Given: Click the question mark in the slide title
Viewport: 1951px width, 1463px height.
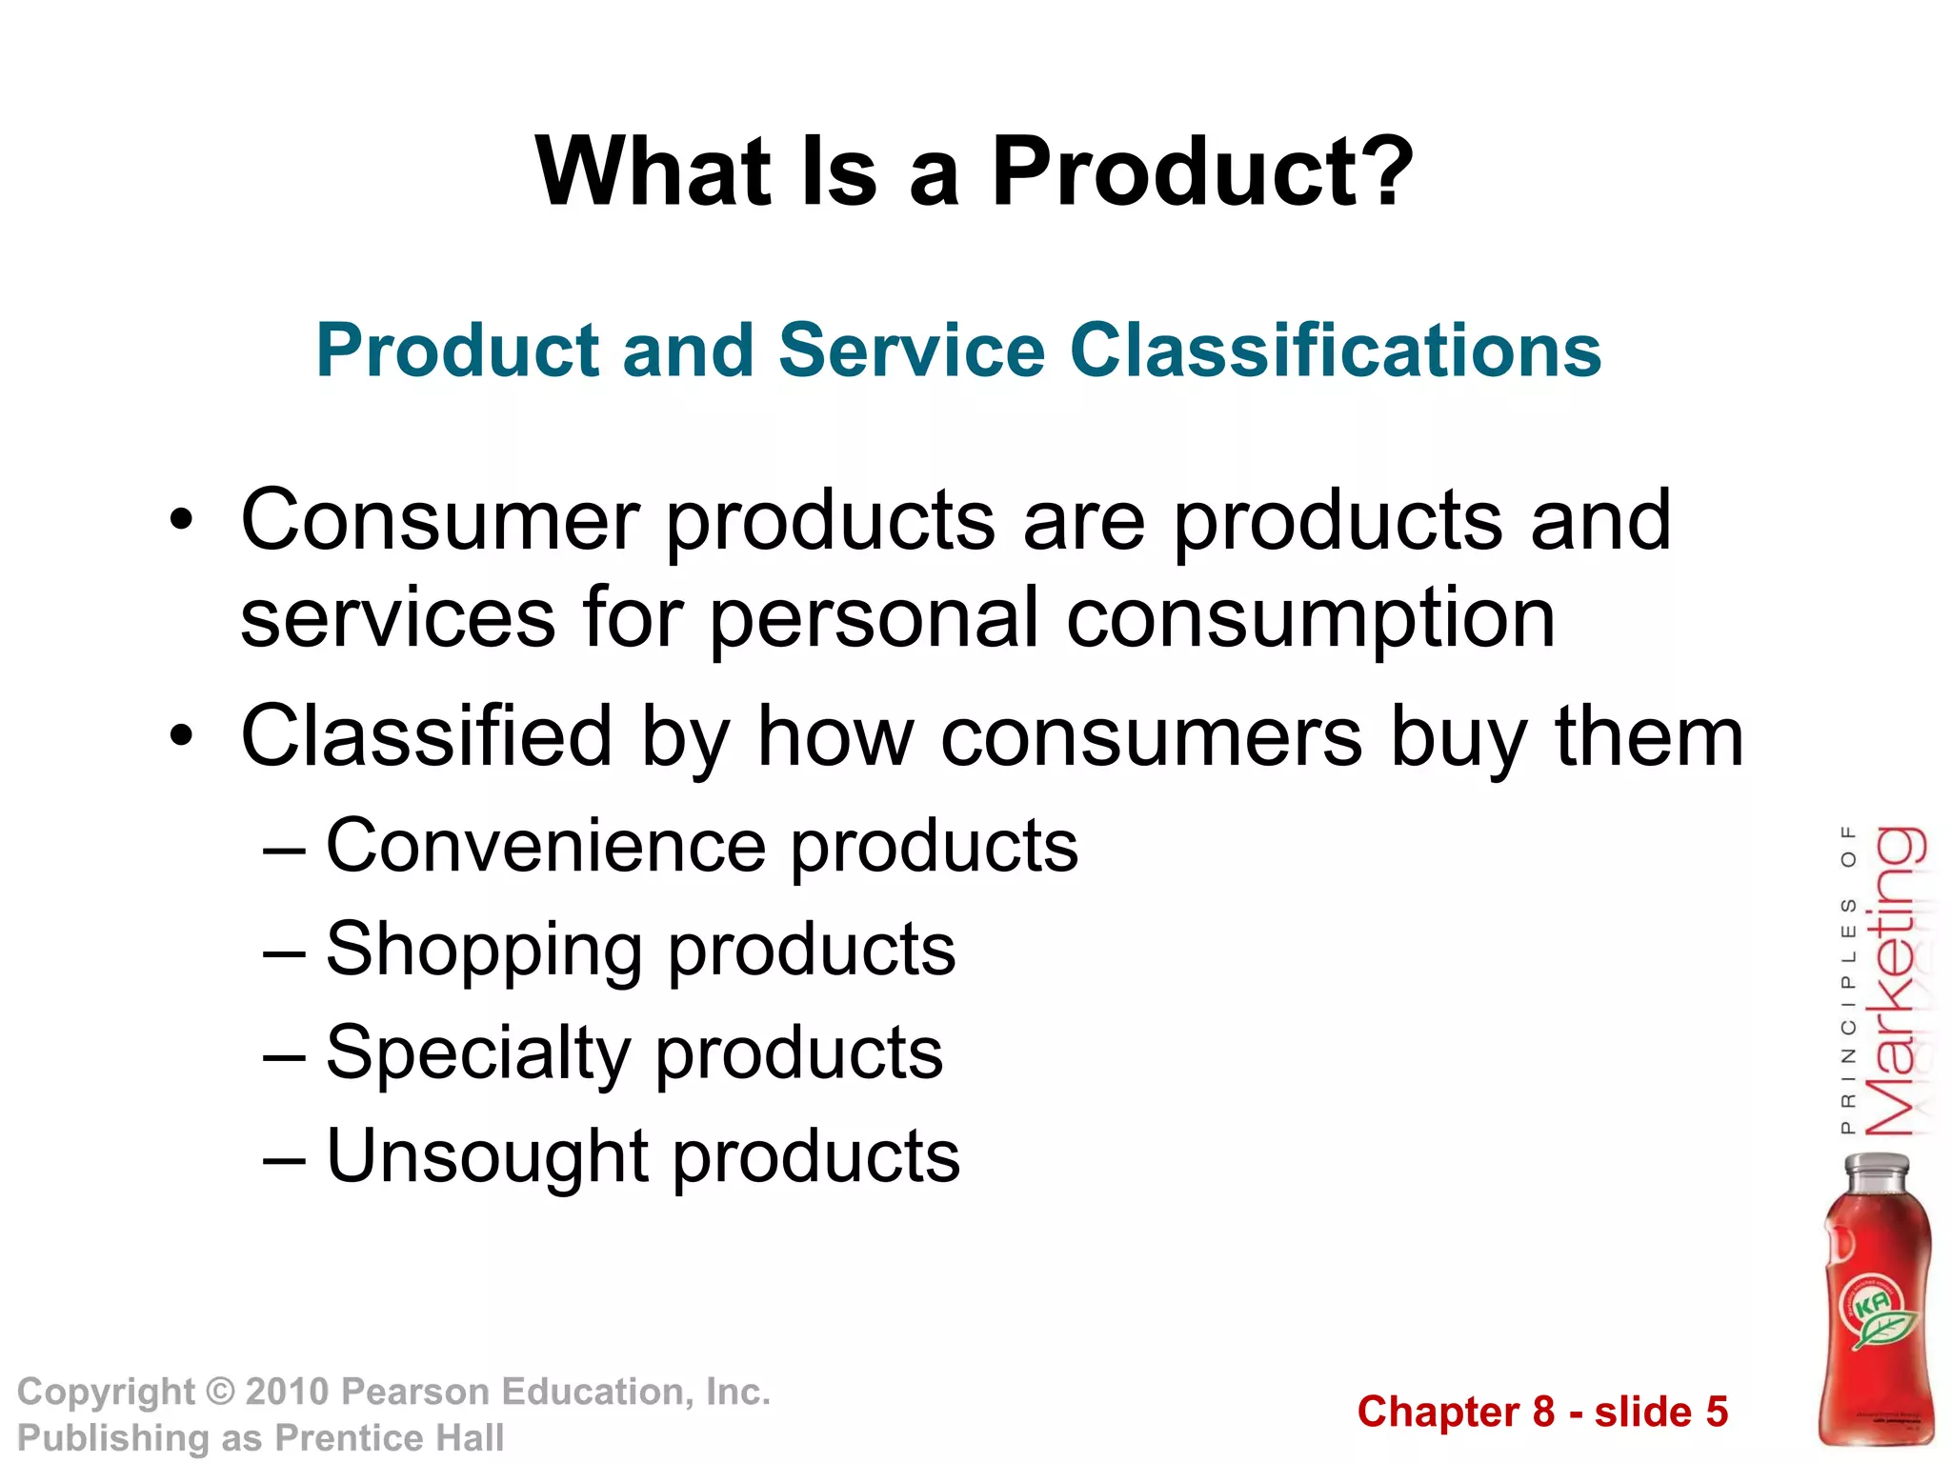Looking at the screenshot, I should click(1382, 171).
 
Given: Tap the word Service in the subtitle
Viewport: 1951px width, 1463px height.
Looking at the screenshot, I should click(912, 351).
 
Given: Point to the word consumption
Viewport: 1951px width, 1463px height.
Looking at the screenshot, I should click(1311, 619).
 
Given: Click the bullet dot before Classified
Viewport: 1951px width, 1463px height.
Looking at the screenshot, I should click(181, 736).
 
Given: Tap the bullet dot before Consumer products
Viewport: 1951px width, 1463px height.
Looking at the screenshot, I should click(181, 520).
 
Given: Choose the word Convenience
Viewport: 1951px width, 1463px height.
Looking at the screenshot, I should click(546, 846).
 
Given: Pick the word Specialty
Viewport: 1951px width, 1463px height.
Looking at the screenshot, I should click(477, 1053).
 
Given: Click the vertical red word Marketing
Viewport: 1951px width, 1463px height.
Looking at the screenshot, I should click(1894, 981).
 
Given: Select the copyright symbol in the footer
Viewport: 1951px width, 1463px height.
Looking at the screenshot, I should click(220, 1393).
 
